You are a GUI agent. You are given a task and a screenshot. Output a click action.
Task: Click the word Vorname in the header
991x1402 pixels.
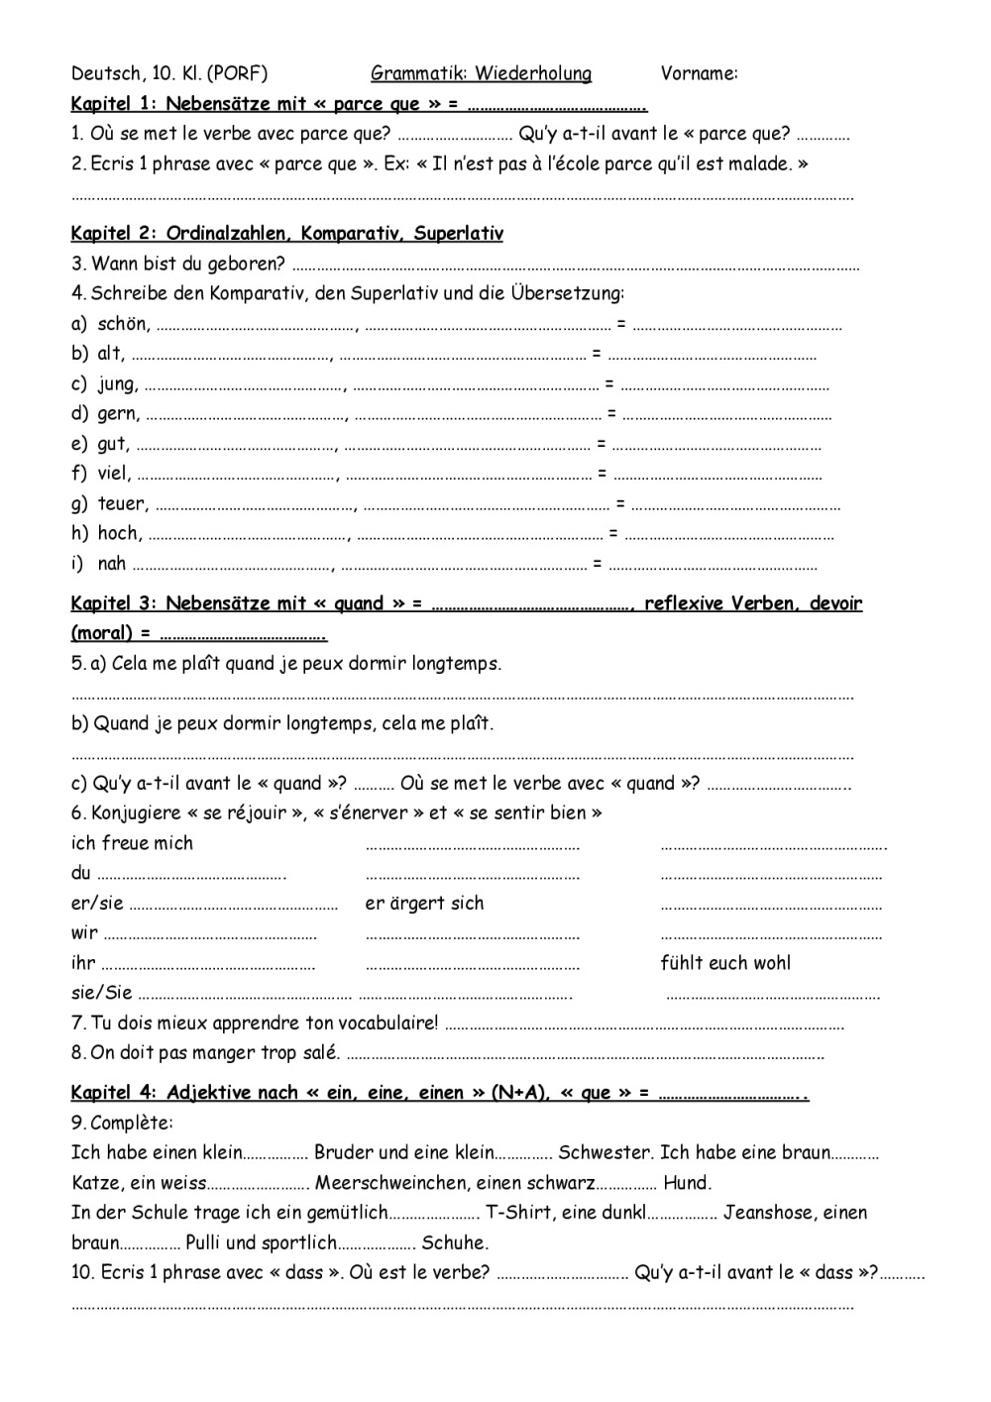[x=698, y=73]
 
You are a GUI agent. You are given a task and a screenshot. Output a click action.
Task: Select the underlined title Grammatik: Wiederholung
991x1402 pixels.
[x=481, y=73]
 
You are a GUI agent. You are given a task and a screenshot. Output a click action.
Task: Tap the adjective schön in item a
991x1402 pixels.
[x=123, y=324]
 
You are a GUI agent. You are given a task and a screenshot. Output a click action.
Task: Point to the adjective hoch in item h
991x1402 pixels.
[x=119, y=533]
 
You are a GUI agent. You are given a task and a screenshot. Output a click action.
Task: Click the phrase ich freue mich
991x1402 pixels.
[x=132, y=843]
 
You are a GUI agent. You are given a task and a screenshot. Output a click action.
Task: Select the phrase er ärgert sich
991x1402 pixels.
[x=424, y=903]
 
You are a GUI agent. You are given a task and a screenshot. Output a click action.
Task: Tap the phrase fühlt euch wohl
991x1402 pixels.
[x=725, y=962]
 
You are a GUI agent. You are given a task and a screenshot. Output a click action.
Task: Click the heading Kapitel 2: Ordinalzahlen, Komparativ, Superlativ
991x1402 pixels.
[x=286, y=234]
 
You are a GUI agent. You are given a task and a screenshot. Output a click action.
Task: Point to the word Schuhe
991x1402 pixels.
[x=455, y=1242]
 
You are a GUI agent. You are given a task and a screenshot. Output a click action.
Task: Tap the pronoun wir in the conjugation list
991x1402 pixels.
[x=84, y=932]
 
